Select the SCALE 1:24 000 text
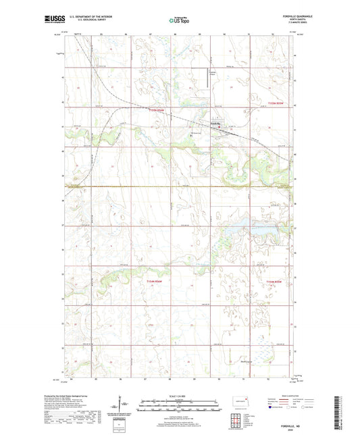(180, 396)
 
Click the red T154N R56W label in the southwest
(155, 281)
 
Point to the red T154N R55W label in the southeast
(277, 281)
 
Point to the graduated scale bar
(180, 407)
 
